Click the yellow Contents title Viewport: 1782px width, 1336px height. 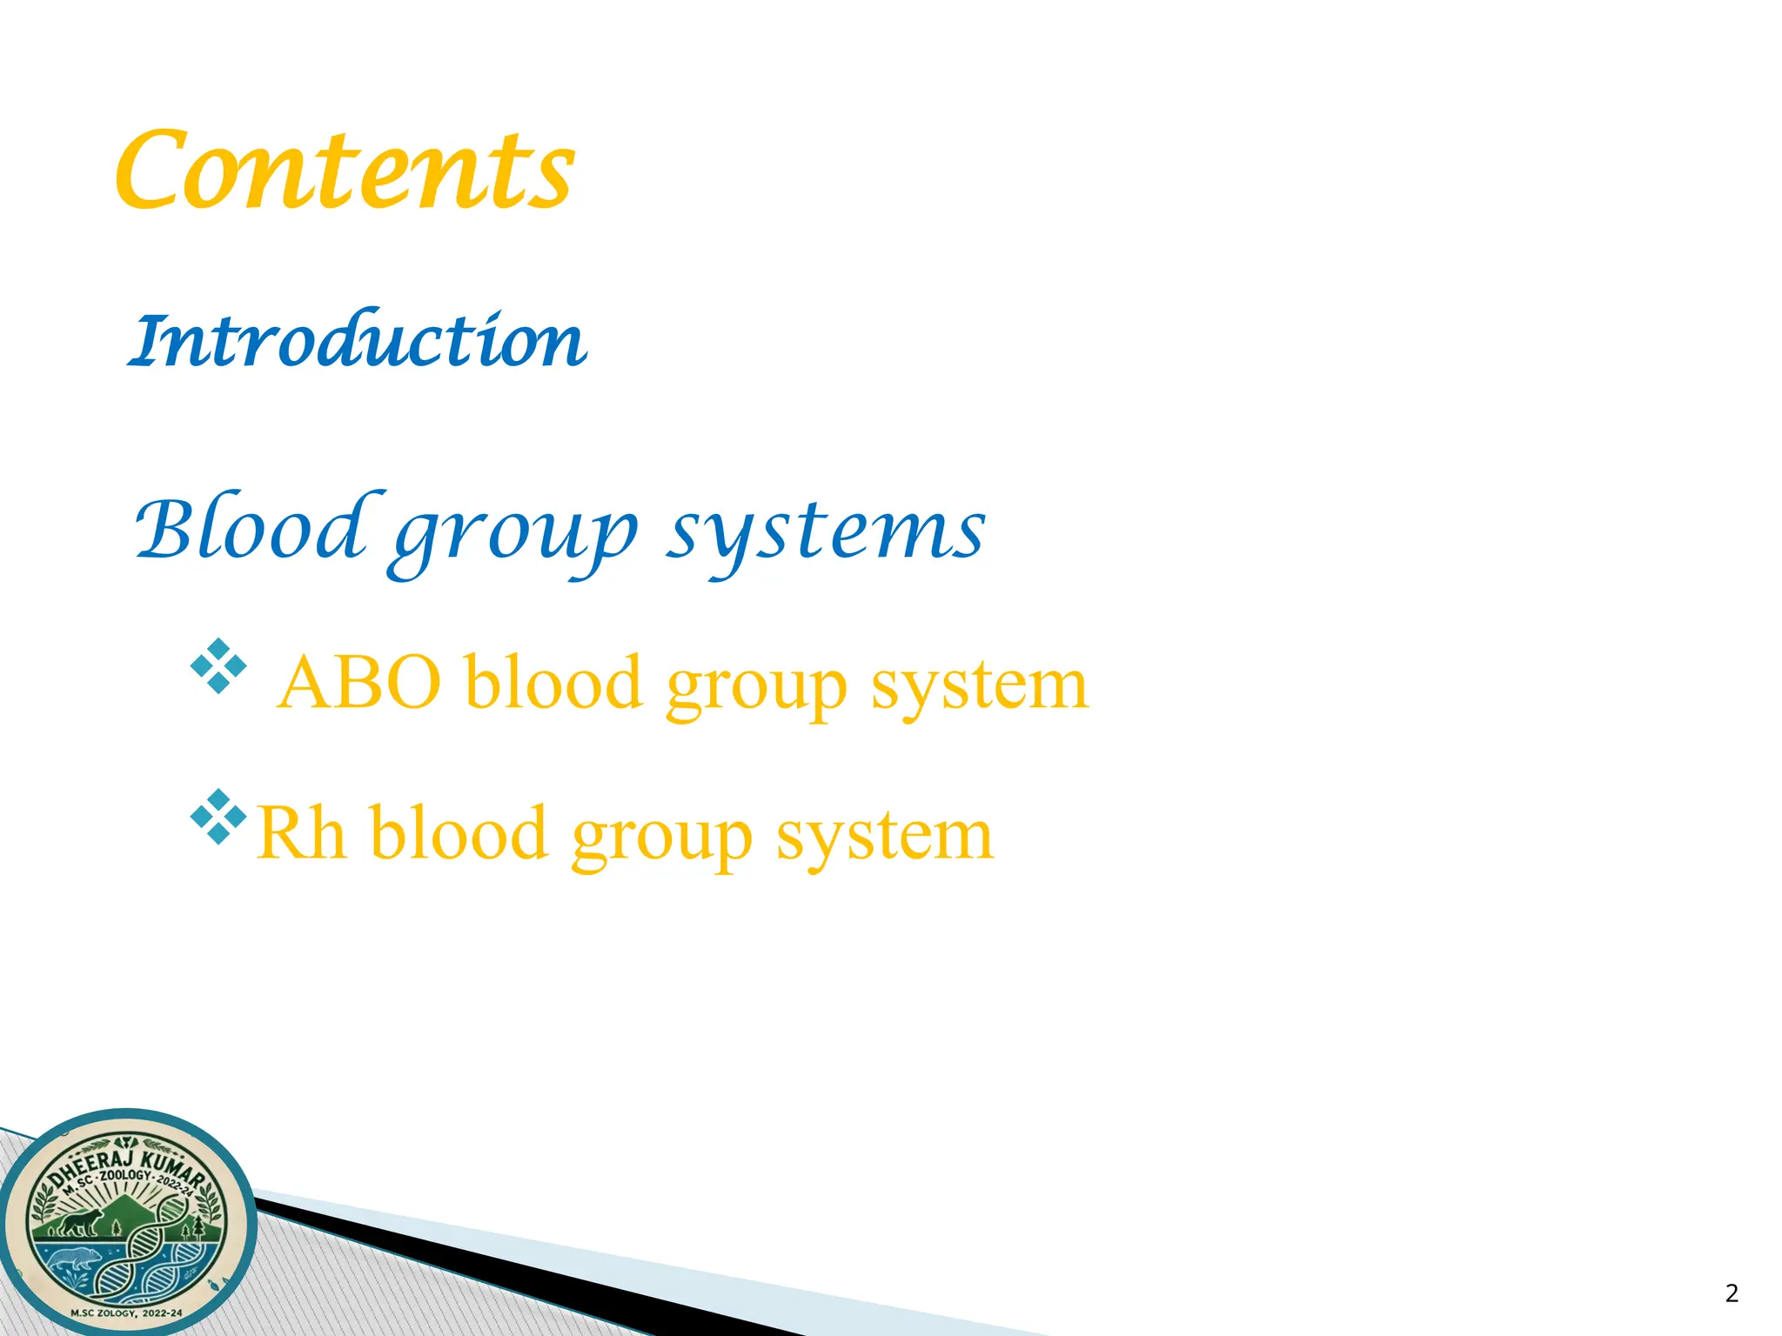pyautogui.click(x=345, y=170)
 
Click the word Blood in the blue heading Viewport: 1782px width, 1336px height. pyautogui.click(x=249, y=529)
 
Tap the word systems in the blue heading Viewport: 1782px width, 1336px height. pyautogui.click(x=827, y=531)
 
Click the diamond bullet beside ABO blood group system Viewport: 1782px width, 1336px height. pyautogui.click(x=218, y=666)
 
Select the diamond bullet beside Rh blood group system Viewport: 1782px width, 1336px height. pyautogui.click(x=218, y=817)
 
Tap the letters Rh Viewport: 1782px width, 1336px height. pyautogui.click(x=301, y=833)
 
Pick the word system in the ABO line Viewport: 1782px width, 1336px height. pyautogui.click(x=979, y=685)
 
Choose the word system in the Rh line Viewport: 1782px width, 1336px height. pyautogui.click(x=884, y=835)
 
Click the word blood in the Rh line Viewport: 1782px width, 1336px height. pyautogui.click(x=459, y=833)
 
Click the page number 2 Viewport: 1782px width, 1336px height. pyautogui.click(x=1732, y=1293)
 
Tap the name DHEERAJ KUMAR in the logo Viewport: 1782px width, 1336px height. pyautogui.click(x=126, y=1162)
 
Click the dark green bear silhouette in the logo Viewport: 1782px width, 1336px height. pyautogui.click(x=80, y=1222)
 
